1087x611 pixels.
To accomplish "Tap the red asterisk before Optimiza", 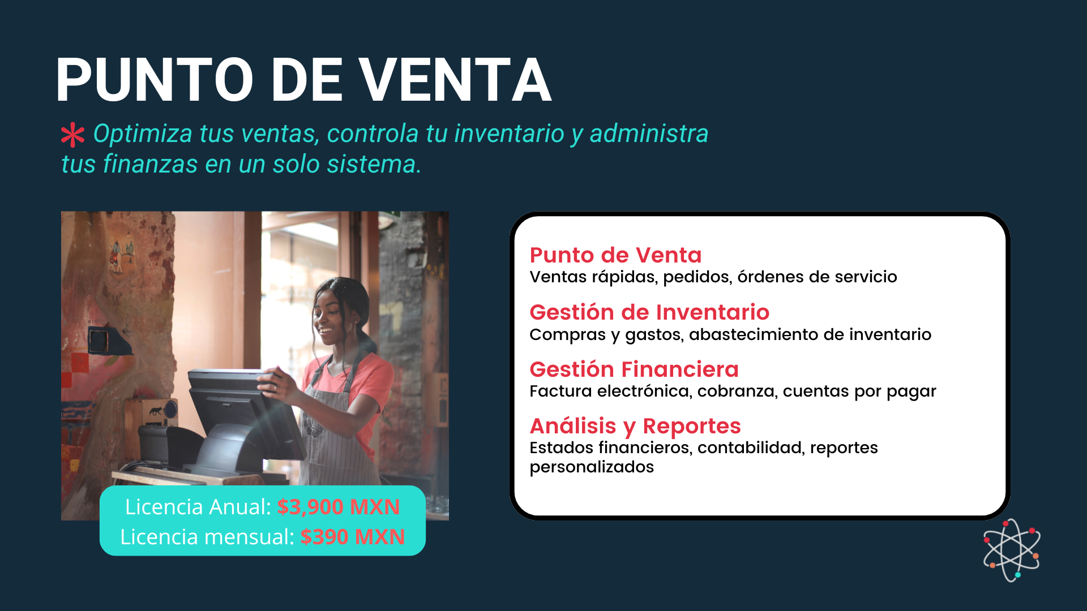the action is [x=72, y=135].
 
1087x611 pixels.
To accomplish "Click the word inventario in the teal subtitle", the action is [x=509, y=134].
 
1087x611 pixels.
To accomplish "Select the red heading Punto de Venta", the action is [x=615, y=255].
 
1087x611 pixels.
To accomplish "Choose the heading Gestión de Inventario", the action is [x=649, y=312].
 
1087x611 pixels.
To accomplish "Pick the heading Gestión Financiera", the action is [x=634, y=369].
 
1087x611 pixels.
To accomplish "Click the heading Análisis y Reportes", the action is [x=635, y=427].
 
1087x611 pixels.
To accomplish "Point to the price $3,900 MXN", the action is [x=339, y=507].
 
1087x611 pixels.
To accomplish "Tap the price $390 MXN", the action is [x=352, y=537].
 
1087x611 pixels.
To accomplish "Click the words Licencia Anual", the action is [x=198, y=507].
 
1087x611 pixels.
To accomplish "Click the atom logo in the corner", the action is [x=1012, y=550].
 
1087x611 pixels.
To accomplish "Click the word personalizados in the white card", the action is [x=592, y=467].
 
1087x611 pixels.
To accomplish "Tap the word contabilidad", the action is [x=750, y=448].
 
